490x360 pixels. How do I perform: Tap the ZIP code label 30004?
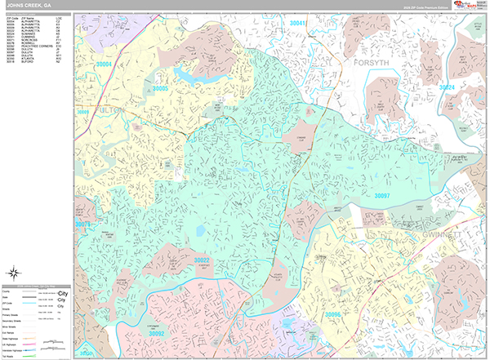click(104, 64)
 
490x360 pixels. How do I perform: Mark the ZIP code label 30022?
click(202, 260)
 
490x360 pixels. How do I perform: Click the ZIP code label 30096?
click(335, 314)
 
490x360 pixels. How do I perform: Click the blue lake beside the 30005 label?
click(185, 78)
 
